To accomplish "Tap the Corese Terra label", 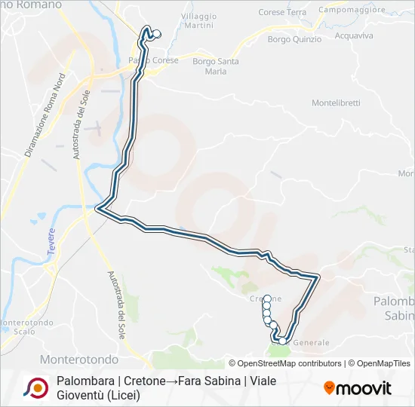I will click(x=282, y=13).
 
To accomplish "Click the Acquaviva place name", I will click(x=353, y=35).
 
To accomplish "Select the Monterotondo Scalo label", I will click(x=28, y=326).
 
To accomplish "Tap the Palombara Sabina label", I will click(x=394, y=308).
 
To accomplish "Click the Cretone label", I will click(x=263, y=299).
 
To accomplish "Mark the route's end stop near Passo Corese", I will click(x=156, y=34).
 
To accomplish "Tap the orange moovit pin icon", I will click(x=329, y=388).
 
